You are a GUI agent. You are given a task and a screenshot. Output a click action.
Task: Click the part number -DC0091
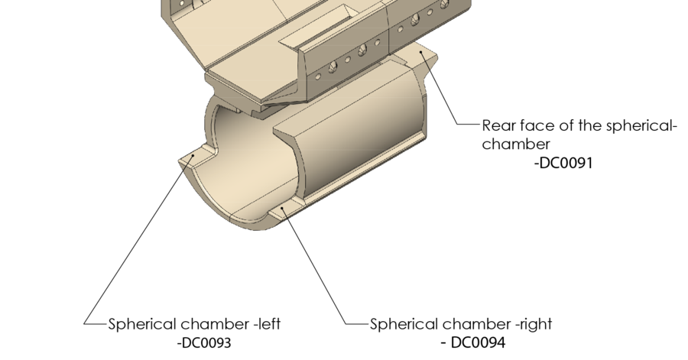(x=563, y=163)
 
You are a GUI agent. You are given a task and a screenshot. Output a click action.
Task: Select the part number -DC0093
(x=203, y=342)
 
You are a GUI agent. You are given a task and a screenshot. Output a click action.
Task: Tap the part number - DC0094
(x=473, y=342)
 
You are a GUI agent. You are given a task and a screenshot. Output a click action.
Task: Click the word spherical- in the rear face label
(x=639, y=126)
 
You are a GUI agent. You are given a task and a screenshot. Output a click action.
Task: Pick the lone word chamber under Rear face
(x=516, y=144)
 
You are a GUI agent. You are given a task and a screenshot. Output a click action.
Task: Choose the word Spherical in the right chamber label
(x=404, y=325)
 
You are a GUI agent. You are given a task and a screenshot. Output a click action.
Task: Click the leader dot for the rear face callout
(x=420, y=52)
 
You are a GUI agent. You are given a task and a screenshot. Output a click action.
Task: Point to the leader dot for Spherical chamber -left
(x=192, y=156)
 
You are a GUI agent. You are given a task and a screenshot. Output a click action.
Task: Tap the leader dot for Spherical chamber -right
(x=284, y=209)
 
